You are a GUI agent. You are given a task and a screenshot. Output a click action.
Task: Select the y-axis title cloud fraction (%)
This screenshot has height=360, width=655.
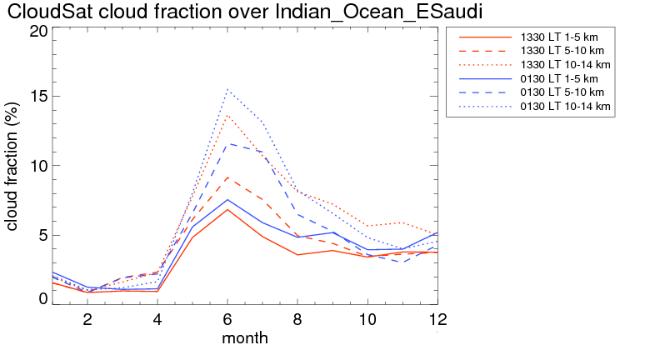(13, 166)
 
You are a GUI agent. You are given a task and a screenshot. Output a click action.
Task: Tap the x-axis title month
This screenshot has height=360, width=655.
(245, 338)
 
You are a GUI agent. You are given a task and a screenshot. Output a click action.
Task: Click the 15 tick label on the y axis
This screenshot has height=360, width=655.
(38, 97)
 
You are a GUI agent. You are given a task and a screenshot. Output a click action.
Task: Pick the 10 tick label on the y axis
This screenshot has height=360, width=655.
(38, 166)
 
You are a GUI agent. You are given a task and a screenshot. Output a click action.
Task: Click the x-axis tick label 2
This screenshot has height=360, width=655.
(87, 319)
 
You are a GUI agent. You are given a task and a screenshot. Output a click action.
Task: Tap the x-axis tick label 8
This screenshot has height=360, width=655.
(297, 319)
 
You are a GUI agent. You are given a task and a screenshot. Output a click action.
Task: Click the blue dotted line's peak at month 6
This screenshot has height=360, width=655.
(227, 89)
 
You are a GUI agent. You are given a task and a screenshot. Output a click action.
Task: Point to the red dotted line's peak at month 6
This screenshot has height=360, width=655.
(227, 115)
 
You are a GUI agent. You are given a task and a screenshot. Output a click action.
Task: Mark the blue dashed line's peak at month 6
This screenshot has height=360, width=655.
(227, 143)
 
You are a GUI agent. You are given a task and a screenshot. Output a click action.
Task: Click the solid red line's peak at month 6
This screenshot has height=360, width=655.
(227, 209)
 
